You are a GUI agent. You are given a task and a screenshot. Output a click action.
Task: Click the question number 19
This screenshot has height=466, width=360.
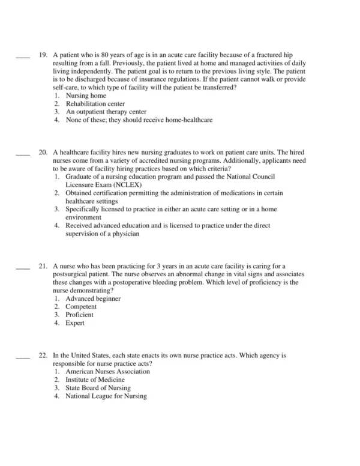43,55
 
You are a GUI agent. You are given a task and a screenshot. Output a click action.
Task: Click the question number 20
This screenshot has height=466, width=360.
43,153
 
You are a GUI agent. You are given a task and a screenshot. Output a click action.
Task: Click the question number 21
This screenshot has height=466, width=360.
43,267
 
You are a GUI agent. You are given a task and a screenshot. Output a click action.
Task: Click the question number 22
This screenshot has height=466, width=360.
43,356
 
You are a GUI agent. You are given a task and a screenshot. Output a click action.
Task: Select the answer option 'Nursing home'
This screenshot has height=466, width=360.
86,95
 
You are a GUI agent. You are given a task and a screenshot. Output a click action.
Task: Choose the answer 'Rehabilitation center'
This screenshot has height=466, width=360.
95,103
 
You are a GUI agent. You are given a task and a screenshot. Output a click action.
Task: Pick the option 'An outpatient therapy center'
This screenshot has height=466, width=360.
106,112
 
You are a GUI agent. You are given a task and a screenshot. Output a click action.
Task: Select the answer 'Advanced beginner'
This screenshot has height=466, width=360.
93,299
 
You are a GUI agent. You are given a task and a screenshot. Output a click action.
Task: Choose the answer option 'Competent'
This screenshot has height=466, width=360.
81,307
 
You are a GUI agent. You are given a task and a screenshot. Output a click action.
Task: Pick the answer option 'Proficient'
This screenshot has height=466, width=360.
80,315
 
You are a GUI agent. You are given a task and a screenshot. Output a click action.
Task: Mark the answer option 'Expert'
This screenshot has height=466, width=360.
75,323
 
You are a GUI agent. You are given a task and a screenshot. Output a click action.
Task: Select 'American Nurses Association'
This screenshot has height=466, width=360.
108,372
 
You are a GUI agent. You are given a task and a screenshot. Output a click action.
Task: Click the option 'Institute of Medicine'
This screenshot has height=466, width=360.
95,380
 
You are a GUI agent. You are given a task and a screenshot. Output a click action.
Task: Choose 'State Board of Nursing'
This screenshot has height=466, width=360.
98,388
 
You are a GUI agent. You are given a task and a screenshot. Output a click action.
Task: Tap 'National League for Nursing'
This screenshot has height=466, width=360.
106,396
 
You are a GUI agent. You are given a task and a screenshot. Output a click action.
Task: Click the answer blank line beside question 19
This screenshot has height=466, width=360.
22,57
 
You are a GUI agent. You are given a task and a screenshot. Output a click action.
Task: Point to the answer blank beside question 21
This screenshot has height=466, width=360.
22,269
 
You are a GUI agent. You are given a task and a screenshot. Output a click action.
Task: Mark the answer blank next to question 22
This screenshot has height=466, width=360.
22,358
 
